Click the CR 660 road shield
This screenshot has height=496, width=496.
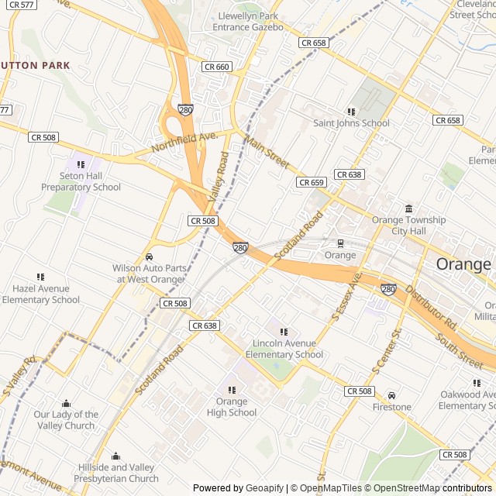(x=217, y=67)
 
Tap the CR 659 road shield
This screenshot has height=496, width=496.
(x=311, y=182)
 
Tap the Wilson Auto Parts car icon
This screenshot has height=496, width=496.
(x=149, y=257)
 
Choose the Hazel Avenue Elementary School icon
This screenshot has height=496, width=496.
(x=40, y=277)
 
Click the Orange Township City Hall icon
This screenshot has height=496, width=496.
(x=408, y=208)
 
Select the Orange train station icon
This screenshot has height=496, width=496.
(x=340, y=243)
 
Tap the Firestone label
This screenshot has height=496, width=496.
(x=391, y=407)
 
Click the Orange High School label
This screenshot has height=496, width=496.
(x=231, y=407)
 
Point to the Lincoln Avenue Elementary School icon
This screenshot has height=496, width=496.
(x=283, y=332)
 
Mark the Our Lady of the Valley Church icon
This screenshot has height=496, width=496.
(x=66, y=403)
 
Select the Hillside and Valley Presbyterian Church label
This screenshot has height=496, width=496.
(x=118, y=473)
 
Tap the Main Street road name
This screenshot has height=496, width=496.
(x=267, y=153)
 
